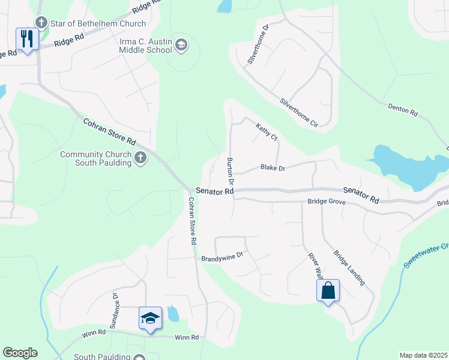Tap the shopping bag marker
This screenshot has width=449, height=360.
point(328,292)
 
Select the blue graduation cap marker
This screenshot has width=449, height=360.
point(150,317)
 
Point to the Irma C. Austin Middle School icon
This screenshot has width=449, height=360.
point(182,44)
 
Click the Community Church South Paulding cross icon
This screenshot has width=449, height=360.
point(140,158)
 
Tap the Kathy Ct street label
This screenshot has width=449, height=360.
point(267,132)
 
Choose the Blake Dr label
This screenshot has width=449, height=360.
point(273,168)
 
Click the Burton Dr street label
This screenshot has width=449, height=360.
point(229,170)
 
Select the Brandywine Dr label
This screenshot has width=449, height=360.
point(221,255)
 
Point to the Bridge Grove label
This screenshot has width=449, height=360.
point(327,202)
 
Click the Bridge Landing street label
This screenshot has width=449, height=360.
point(349,267)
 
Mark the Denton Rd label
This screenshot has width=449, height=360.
point(403,110)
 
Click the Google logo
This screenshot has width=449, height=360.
point(20,353)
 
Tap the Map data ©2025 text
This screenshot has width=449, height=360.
point(423,355)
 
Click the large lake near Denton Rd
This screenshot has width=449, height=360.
point(408,164)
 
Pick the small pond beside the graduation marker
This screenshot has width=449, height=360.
point(173,313)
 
